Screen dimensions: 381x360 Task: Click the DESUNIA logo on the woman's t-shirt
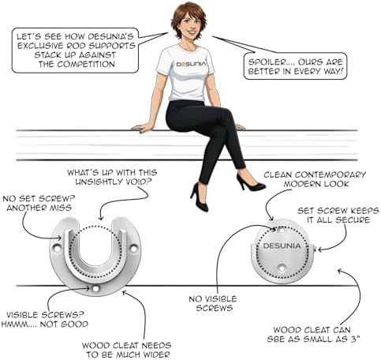coord(191,64)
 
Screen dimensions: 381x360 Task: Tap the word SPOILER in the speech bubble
coord(267,62)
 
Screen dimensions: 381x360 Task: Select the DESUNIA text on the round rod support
coord(282,246)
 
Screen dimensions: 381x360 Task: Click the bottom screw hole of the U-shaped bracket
coord(95,289)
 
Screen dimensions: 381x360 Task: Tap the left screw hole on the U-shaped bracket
coord(56,248)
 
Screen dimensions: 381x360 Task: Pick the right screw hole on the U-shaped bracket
coord(133,248)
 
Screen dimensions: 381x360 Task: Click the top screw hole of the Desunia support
coord(282,231)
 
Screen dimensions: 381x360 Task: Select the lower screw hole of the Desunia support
coord(282,268)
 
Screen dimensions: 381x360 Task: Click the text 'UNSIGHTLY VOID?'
coord(114,182)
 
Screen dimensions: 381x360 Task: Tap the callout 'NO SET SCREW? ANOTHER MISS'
coord(39,203)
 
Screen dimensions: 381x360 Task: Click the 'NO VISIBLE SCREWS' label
coord(213,303)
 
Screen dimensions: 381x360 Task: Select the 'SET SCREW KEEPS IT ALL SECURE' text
coord(338,216)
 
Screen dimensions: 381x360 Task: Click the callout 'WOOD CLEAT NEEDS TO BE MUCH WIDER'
coord(126,350)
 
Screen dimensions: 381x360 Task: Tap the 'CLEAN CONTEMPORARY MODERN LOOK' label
coord(315,179)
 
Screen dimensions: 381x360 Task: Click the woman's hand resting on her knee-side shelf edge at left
coord(141,128)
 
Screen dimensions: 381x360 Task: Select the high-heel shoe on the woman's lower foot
coord(200,197)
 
